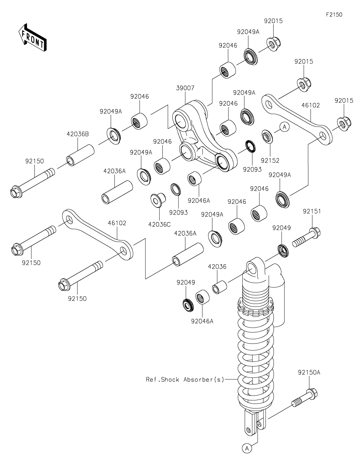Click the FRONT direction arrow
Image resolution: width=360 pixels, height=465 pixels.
pyautogui.click(x=32, y=37)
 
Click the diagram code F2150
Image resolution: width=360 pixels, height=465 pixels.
pyautogui.click(x=334, y=15)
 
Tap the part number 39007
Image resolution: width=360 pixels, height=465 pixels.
pyautogui.click(x=185, y=88)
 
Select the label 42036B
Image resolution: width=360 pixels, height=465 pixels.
pyautogui.click(x=78, y=134)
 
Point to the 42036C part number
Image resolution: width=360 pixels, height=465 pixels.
pyautogui.click(x=159, y=224)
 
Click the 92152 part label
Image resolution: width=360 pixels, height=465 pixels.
pyautogui.click(x=270, y=161)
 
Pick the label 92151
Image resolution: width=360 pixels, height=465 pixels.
pyautogui.click(x=312, y=212)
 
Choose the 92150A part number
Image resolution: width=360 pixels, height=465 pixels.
pyautogui.click(x=309, y=373)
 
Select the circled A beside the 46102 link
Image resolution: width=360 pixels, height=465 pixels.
pyautogui.click(x=284, y=127)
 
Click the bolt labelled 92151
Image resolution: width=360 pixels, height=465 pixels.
pyautogui.click(x=306, y=238)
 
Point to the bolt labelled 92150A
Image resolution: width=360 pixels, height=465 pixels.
pyautogui.click(x=305, y=398)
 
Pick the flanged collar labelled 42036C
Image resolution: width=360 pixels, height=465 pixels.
pyautogui.click(x=158, y=200)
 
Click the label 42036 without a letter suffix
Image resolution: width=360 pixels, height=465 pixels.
pyautogui.click(x=217, y=267)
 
